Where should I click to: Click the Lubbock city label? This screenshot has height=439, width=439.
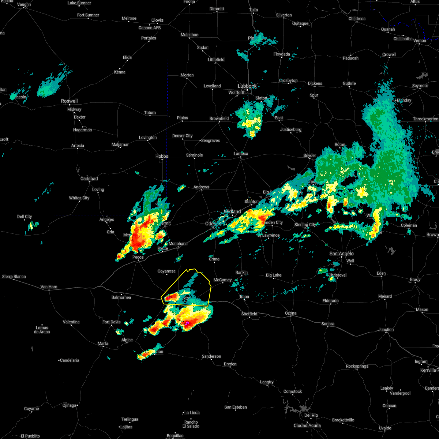pos(247,86)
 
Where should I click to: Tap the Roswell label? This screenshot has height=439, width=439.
pos(69,101)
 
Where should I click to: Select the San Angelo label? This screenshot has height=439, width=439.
pos(341,254)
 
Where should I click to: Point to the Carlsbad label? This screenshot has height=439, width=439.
pos(89,179)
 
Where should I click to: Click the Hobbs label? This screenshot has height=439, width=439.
pos(162,156)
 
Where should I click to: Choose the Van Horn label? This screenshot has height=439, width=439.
pos(49,287)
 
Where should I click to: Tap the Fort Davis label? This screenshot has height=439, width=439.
pos(111,322)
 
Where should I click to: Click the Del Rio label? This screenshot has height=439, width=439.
pos(311,415)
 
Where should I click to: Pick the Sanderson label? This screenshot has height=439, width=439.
pos(211,356)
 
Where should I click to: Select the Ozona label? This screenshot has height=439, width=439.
pos(291,313)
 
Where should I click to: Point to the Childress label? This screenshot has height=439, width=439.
pos(357,19)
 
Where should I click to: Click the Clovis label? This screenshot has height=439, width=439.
pos(157,20)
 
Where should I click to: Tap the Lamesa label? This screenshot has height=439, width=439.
pos(241,154)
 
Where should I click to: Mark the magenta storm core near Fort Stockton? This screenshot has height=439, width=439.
pos(187,323)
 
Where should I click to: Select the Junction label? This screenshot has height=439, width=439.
pos(386,330)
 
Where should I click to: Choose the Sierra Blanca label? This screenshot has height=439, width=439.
pos(14,277)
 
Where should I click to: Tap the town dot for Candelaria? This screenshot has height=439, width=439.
pos(59,360)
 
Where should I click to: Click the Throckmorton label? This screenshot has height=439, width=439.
pos(425,119)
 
